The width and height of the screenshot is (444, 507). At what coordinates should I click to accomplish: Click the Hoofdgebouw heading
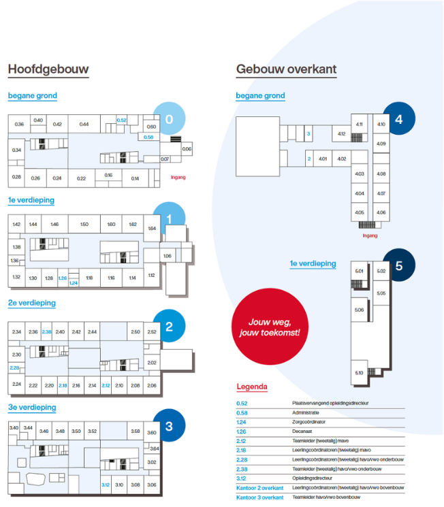point(48,69)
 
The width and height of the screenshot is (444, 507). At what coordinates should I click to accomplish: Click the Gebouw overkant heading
point(286,69)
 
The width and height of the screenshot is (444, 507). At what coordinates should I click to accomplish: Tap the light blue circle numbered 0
point(169,119)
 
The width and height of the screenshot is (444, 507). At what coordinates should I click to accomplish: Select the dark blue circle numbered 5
point(398,265)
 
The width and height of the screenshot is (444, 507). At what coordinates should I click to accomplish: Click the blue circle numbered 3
point(169,427)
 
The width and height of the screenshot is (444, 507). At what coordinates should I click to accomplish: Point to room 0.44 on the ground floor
point(84,125)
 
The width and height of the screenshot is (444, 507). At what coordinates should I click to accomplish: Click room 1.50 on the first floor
point(84,224)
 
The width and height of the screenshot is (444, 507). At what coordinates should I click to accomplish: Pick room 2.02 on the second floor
point(152,363)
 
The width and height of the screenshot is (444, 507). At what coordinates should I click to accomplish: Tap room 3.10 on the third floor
point(119,485)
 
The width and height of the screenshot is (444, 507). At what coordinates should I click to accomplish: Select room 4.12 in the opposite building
point(341,134)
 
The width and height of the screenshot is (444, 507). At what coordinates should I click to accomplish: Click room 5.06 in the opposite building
point(359,310)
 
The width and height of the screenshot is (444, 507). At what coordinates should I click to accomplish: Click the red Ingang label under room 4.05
point(370,235)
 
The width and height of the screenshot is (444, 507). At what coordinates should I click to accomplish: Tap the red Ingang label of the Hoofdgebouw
point(178,178)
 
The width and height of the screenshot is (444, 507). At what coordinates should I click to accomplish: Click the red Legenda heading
point(252,387)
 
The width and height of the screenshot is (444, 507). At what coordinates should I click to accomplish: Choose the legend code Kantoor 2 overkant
point(259,488)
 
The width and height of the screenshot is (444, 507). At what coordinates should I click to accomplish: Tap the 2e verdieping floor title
point(32,303)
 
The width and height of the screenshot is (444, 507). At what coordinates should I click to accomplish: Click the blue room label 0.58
point(149,137)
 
